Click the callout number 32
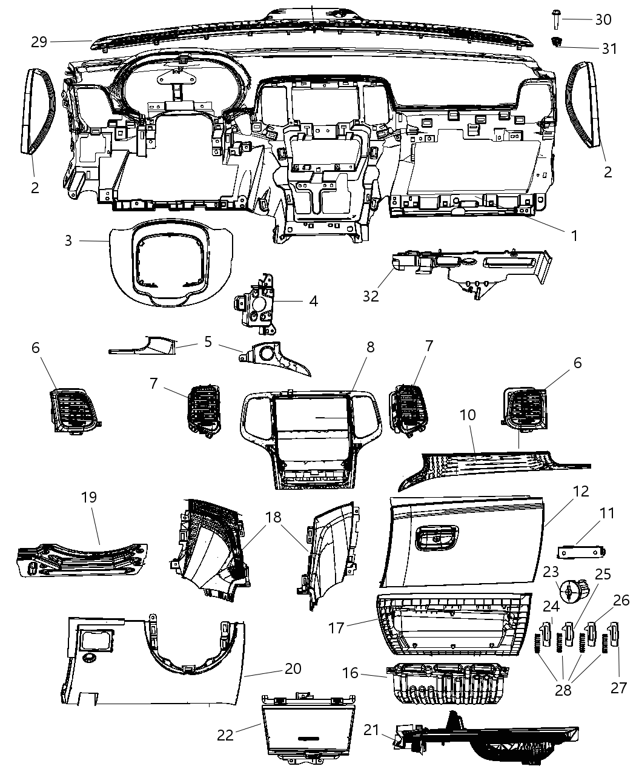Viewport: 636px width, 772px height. pos(371,296)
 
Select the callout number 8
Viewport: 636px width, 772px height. pos(370,348)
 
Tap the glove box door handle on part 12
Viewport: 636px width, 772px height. pos(436,538)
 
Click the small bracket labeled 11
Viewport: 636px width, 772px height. pos(581,552)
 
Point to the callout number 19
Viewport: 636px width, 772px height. pos(88,497)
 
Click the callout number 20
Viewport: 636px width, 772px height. pos(293,669)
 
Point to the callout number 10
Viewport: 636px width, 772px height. pos(468,415)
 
